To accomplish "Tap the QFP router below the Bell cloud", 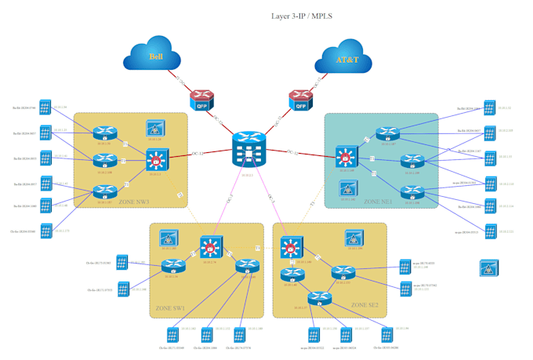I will [200, 99].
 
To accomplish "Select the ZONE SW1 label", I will [170, 308].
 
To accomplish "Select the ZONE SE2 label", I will [364, 304].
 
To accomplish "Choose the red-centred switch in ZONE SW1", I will [209, 247].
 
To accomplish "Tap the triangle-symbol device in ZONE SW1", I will [167, 237].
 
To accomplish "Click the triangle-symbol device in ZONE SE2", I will [354, 238].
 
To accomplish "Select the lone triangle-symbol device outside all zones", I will [488, 267].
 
